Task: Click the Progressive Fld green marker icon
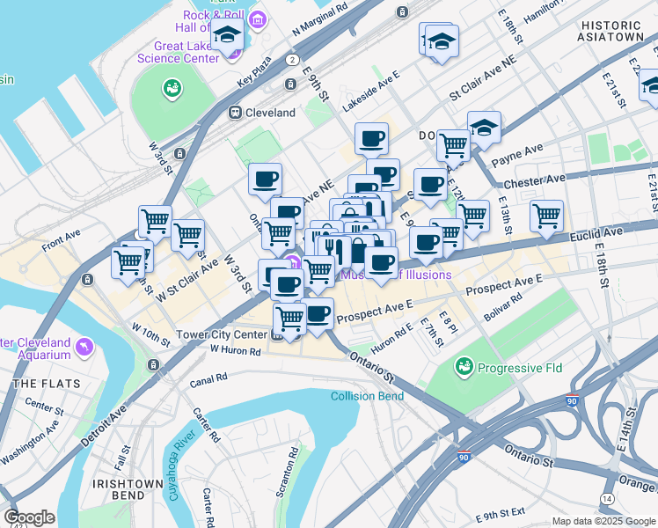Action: pos(464,364)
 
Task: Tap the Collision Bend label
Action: pos(367,396)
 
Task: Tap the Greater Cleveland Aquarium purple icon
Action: pos(85,348)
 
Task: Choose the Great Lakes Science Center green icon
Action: pos(171,88)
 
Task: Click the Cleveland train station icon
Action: pos(235,113)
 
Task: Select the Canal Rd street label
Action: pos(209,377)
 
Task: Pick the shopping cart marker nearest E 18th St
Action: pos(547,216)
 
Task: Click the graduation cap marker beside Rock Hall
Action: pos(228,38)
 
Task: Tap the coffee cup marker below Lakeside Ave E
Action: pos(371,138)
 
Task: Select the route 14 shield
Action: pos(606,498)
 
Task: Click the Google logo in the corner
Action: pos(29,517)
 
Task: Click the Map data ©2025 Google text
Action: pos(603,521)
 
